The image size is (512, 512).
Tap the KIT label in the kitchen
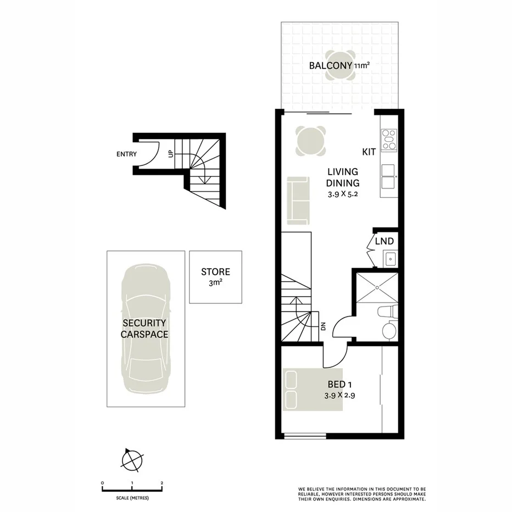369,152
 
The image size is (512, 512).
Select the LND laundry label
385,241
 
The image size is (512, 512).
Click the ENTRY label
126,154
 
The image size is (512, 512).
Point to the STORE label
215,272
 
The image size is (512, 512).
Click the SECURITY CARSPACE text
145,329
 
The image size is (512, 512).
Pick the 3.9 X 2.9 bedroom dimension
342,395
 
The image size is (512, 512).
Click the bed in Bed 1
313,389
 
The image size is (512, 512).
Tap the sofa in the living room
297,200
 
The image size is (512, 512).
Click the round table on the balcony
340,66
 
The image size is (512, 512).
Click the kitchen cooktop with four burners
389,139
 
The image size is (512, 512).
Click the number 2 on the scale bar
162,483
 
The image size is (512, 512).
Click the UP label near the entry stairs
170,154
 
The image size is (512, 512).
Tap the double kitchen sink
389,177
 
